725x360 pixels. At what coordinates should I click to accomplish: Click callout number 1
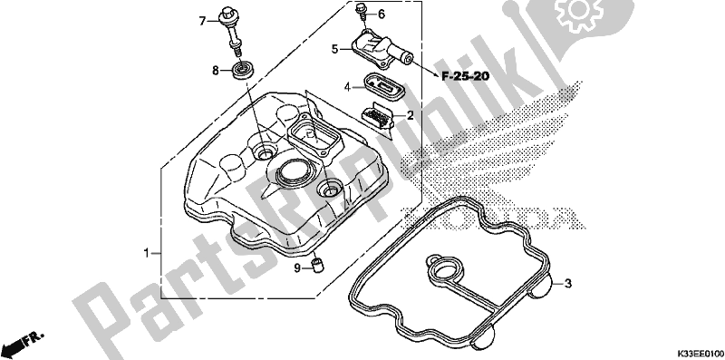tap(146, 253)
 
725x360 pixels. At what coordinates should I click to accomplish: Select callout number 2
tap(410, 115)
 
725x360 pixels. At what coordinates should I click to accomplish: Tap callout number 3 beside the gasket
tap(569, 283)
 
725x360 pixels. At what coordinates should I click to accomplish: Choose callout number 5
tap(335, 48)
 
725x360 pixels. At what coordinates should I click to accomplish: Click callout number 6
tap(381, 15)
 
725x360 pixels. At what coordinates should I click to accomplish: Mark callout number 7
tap(202, 21)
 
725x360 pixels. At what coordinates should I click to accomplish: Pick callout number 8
tap(215, 71)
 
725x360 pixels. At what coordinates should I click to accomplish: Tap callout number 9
tap(297, 268)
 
